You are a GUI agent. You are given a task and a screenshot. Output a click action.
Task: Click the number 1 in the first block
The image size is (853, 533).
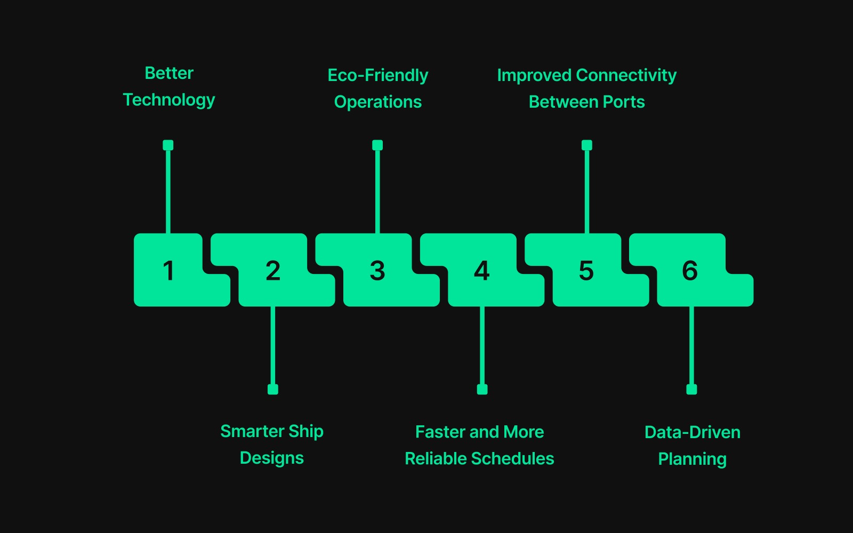[x=168, y=270]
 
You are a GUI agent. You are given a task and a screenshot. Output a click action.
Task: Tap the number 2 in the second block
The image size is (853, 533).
[x=273, y=270]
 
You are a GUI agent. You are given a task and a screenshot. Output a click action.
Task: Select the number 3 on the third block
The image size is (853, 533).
[x=377, y=270]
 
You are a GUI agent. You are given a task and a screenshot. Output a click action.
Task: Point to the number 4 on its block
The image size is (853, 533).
[x=482, y=270]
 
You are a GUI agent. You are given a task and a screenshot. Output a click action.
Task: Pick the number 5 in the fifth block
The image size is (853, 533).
[x=586, y=270]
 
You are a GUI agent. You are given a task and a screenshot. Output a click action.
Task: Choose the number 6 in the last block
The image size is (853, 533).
[x=690, y=270]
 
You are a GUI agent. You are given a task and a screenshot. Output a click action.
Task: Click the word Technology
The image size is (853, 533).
[x=169, y=100]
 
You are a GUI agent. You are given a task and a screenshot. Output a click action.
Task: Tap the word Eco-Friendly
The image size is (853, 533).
[x=377, y=75]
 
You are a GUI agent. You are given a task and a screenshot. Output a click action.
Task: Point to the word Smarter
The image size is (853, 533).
[x=252, y=431]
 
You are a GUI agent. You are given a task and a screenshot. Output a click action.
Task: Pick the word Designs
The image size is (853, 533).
[x=272, y=458]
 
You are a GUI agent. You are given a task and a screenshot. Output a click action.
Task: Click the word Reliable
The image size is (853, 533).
[x=436, y=458]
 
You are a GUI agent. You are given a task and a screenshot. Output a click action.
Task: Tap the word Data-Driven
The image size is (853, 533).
[x=692, y=432]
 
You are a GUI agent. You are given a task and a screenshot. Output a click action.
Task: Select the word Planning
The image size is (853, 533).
[x=692, y=459]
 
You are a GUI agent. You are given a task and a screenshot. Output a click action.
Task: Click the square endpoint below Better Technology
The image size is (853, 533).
[x=168, y=145]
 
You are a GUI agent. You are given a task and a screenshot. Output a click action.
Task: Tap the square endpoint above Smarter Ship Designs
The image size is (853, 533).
[x=273, y=390]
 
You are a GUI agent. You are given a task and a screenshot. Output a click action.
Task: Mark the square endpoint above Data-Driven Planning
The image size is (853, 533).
[x=691, y=390]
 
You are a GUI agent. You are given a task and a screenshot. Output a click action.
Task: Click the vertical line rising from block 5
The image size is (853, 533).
[x=587, y=192]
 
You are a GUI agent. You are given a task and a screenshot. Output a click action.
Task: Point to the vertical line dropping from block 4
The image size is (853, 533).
[x=482, y=346]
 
